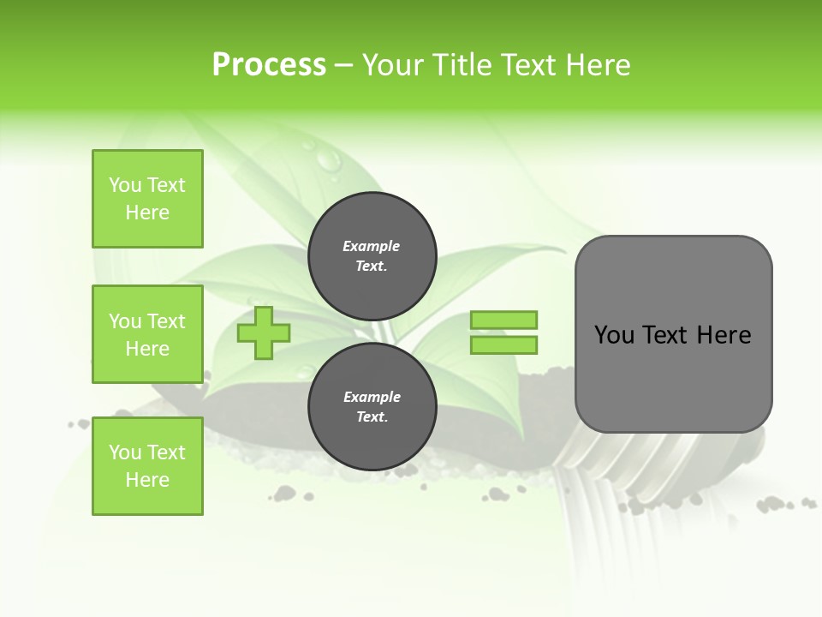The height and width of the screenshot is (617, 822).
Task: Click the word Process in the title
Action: (269, 65)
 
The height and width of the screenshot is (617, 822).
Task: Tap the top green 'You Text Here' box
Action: (147, 199)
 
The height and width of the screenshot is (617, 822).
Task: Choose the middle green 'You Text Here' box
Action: (147, 334)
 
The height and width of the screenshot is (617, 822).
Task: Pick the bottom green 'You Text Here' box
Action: (147, 466)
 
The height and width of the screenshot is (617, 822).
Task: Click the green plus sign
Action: (264, 332)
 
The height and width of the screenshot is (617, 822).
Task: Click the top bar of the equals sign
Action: (503, 320)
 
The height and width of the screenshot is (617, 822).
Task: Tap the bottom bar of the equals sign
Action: (503, 344)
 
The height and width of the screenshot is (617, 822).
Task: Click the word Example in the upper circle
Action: (372, 246)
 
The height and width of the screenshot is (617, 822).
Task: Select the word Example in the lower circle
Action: (372, 397)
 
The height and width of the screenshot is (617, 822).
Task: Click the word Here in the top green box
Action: (147, 213)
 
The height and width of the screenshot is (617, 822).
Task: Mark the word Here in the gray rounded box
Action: (724, 335)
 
